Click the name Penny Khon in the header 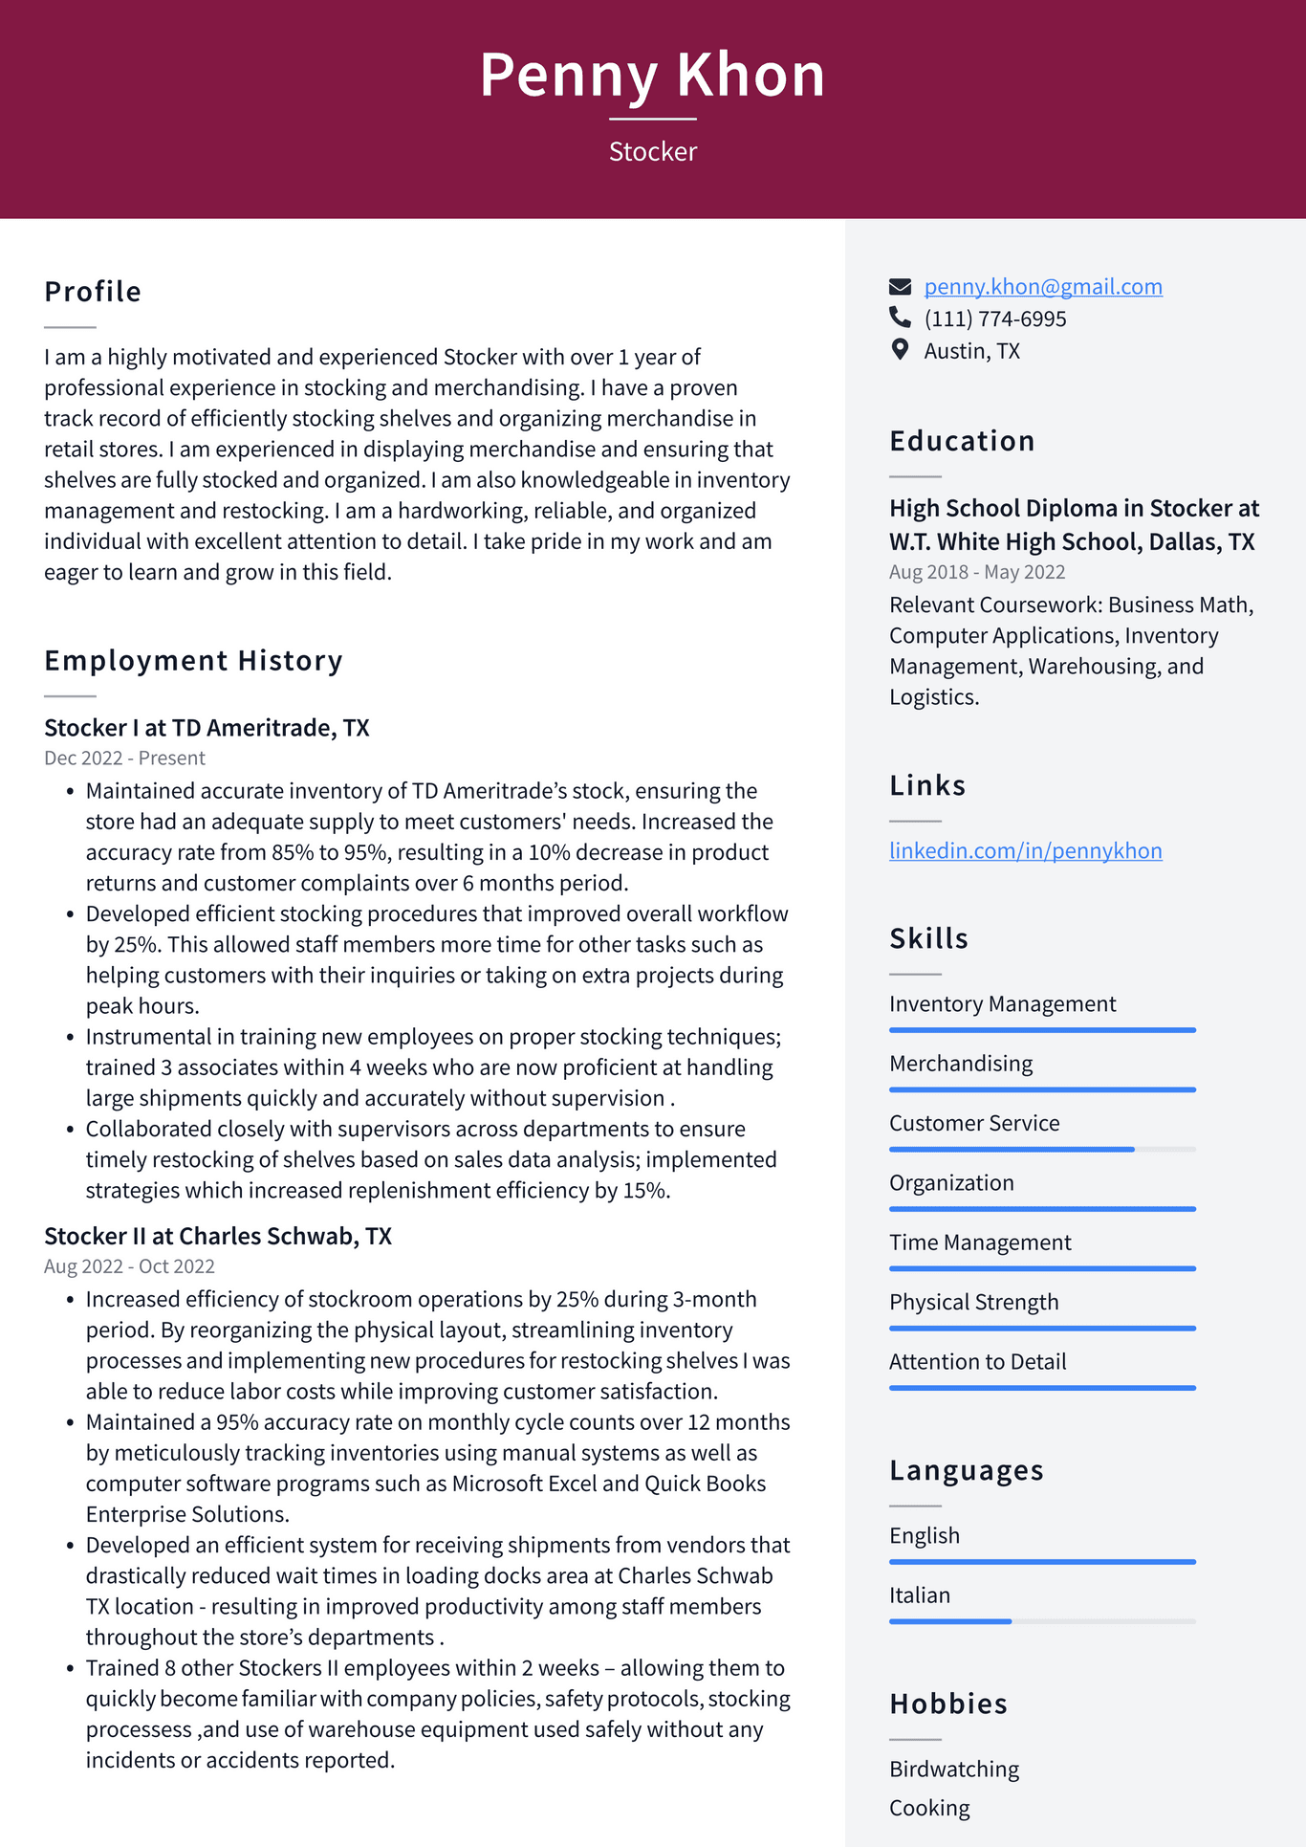[652, 75]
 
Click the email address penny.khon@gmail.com [1043, 287]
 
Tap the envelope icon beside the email [900, 286]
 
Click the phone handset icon [900, 317]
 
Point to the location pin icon [900, 349]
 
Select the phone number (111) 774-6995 [994, 319]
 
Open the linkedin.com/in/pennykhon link [1025, 851]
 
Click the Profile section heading [93, 292]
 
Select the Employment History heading [193, 661]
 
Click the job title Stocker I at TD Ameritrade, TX [207, 728]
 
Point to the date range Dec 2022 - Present [124, 759]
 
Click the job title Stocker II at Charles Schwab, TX [218, 1237]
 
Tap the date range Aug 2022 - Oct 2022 [129, 1266]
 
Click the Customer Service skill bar [1042, 1149]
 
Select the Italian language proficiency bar [1042, 1621]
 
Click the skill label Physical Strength [973, 1303]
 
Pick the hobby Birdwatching [954, 1770]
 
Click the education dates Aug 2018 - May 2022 [977, 572]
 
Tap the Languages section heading [966, 1470]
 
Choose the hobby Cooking [929, 1809]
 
